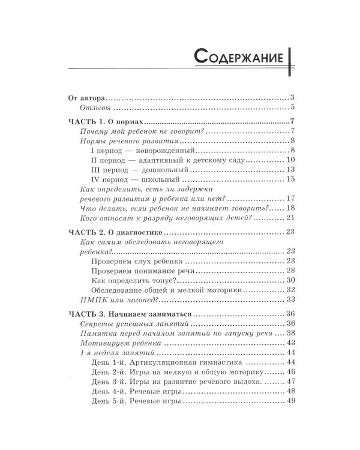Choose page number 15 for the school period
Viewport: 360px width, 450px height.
(290, 179)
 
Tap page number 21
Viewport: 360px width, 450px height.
(290, 217)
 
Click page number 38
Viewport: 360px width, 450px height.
(290, 333)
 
